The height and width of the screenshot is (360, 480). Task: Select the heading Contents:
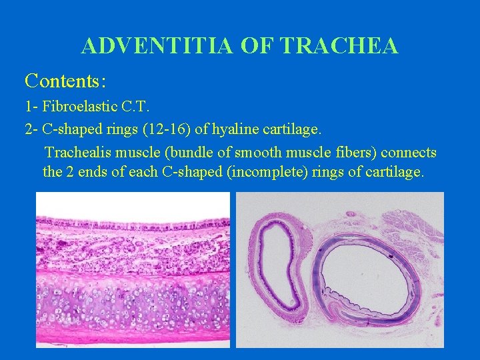coord(65,81)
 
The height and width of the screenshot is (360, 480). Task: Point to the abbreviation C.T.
coord(135,106)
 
